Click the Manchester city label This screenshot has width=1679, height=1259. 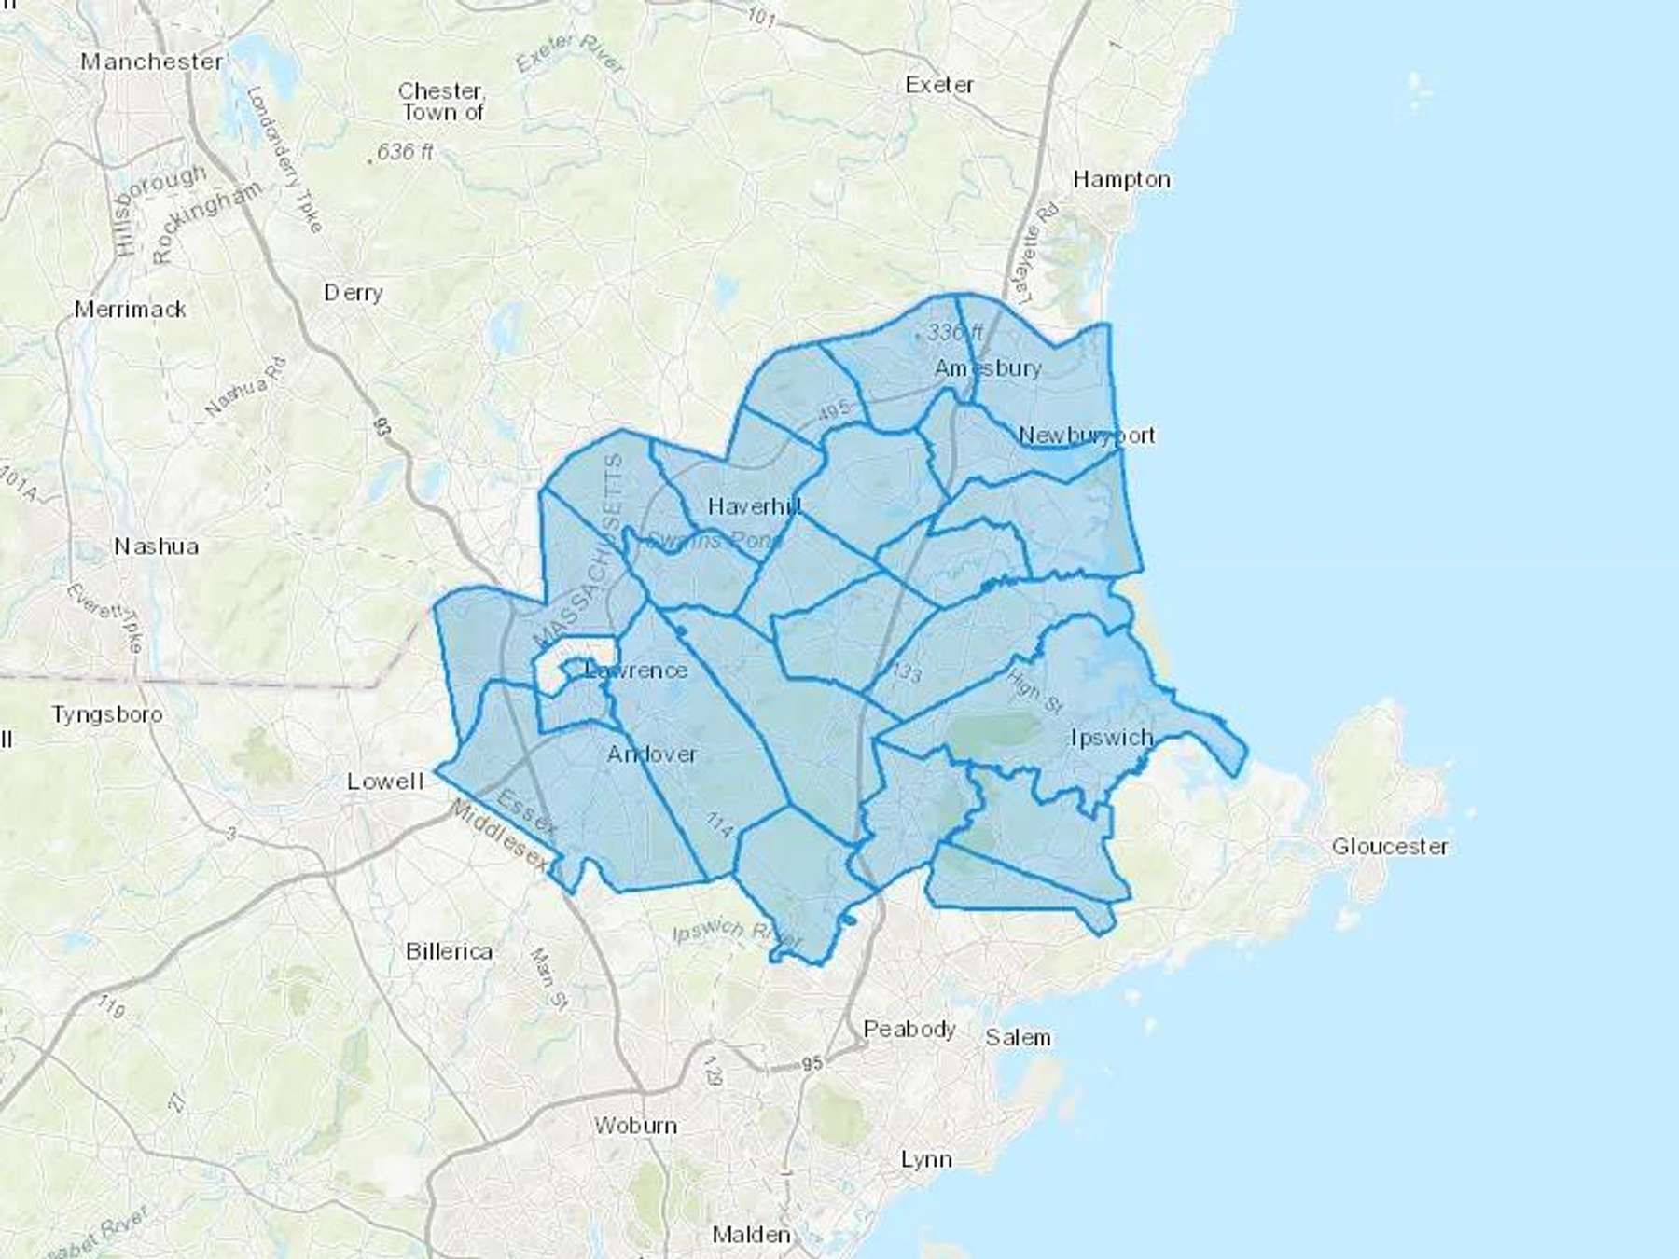[x=152, y=62]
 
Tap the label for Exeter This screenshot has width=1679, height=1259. [x=939, y=85]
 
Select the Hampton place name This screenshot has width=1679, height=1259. [x=1121, y=179]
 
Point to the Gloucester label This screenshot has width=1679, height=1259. [x=1390, y=846]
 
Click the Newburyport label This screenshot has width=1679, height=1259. [x=1087, y=435]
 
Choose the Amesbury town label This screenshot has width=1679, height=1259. [x=988, y=368]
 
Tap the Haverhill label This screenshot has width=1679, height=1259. [x=754, y=506]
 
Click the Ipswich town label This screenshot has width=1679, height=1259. [x=1112, y=738]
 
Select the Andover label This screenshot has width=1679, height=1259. [x=651, y=754]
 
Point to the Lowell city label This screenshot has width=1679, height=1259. [x=385, y=782]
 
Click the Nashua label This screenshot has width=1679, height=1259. [x=156, y=546]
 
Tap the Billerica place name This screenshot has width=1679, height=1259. [x=449, y=951]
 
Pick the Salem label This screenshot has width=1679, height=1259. [x=1018, y=1037]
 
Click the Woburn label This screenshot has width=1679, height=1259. [x=635, y=1126]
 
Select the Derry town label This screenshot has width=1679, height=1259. [x=353, y=293]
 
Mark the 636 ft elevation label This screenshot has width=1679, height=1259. [x=405, y=151]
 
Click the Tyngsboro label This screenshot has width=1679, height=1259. [x=107, y=714]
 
